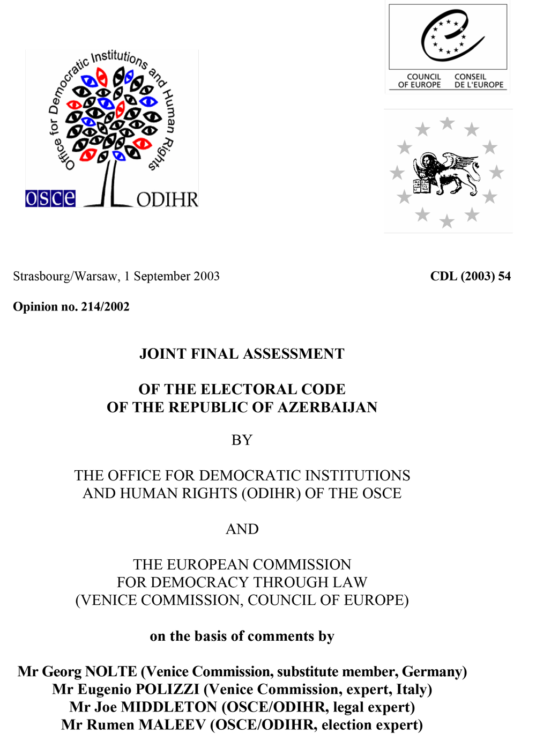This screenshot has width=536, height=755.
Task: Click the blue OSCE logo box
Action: (50, 198)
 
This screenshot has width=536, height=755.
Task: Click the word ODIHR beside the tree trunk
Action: (167, 199)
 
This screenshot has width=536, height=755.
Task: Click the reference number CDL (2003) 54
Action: (470, 276)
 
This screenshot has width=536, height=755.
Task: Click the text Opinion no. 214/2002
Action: (71, 307)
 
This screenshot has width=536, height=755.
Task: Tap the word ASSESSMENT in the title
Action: (293, 354)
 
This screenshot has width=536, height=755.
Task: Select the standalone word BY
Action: (242, 440)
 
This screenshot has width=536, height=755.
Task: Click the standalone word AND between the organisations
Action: (242, 529)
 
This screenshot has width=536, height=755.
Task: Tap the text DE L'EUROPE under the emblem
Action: (479, 85)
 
